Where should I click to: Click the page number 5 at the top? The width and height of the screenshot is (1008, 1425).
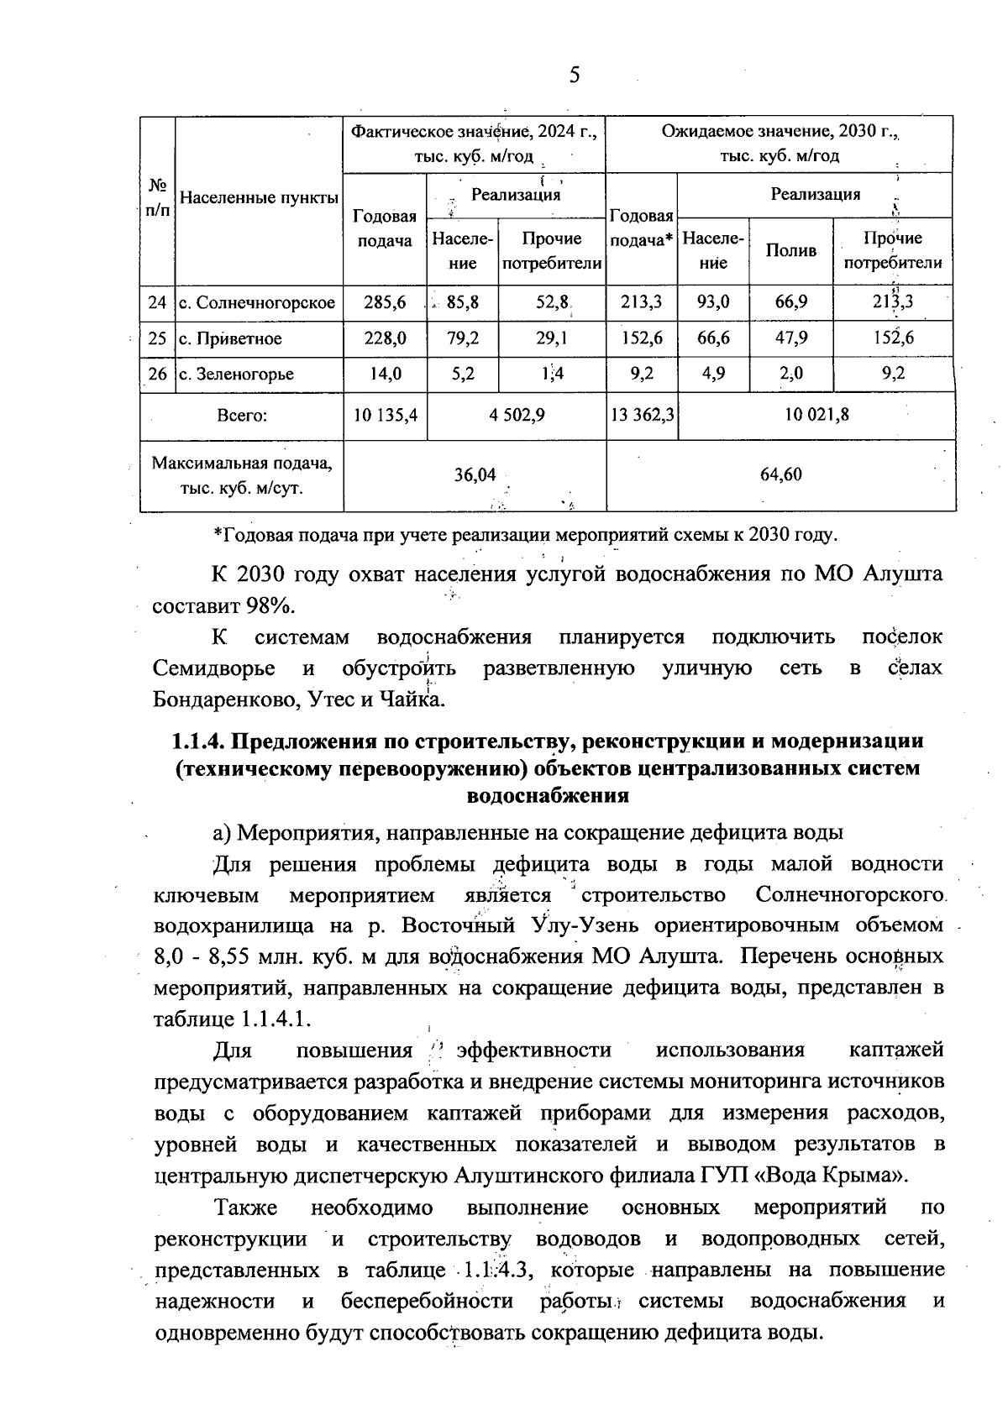[x=575, y=76]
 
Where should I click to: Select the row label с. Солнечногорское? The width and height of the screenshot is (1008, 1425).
[x=257, y=303]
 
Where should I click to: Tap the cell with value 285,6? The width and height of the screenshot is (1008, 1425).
[x=385, y=303]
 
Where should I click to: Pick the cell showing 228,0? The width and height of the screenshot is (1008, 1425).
[x=385, y=339]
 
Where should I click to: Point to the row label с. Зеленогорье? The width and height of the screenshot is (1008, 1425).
[x=236, y=375]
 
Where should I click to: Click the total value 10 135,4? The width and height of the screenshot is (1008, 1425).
[x=385, y=415]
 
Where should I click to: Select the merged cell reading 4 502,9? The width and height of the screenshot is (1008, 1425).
[x=517, y=415]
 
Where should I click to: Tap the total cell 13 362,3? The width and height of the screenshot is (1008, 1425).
[x=642, y=415]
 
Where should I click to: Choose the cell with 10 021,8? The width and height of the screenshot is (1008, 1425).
[x=815, y=415]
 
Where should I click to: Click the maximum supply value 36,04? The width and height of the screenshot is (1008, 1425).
[x=475, y=475]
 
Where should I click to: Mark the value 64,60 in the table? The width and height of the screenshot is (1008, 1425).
[x=780, y=475]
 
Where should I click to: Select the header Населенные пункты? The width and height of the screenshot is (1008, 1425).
[x=260, y=199]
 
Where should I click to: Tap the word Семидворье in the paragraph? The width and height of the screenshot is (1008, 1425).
[x=214, y=669]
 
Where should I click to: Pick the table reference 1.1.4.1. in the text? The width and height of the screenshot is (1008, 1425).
[x=276, y=1019]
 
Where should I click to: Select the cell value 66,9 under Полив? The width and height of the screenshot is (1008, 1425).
[x=791, y=303]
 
